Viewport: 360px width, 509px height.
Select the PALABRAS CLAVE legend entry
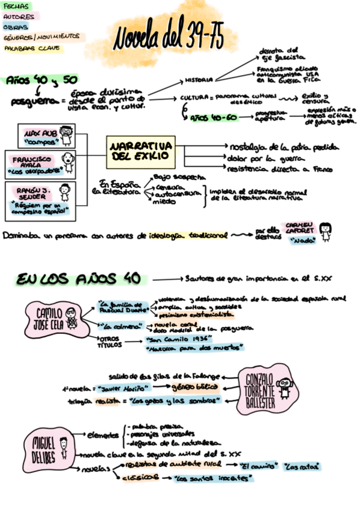[x=32, y=48]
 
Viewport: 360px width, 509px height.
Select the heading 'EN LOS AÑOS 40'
[x=79, y=279]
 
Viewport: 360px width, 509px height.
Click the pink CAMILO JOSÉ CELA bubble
[x=54, y=318]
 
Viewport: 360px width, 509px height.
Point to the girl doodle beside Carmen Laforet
[x=326, y=231]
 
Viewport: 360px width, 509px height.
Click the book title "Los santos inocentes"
[x=211, y=478]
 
